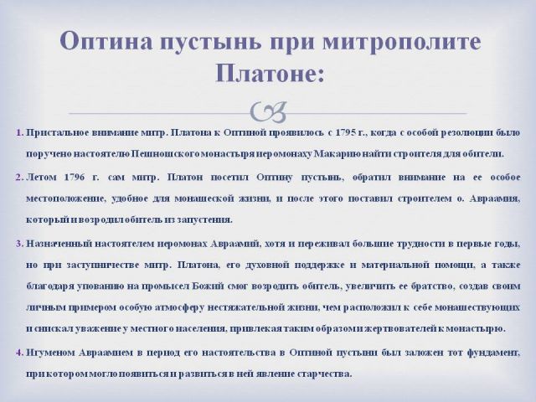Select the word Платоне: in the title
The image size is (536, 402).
tap(270, 73)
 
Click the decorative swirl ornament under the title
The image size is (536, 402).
tap(268, 112)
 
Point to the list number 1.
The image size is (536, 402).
tap(19, 132)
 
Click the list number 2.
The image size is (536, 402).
tap(19, 178)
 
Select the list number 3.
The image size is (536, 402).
tap(19, 244)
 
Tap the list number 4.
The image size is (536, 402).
tap(19, 353)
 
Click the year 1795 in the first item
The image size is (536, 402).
tap(346, 132)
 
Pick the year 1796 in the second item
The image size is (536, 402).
tap(75, 178)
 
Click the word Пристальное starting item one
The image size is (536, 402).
tap(58, 133)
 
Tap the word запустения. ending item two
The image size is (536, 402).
tap(204, 219)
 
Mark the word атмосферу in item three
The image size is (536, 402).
tap(180, 307)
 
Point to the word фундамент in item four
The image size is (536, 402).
tap(493, 353)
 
